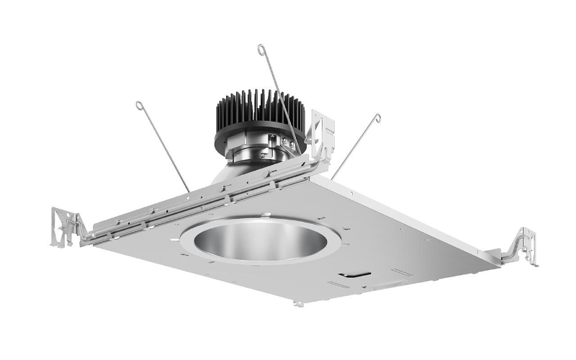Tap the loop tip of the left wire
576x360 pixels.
(139, 105)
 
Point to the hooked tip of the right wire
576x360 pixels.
(377, 117)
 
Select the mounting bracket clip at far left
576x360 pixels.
(66, 227)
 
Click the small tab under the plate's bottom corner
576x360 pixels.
(298, 304)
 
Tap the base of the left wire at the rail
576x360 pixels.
(189, 192)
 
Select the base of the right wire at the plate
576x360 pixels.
(333, 178)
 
